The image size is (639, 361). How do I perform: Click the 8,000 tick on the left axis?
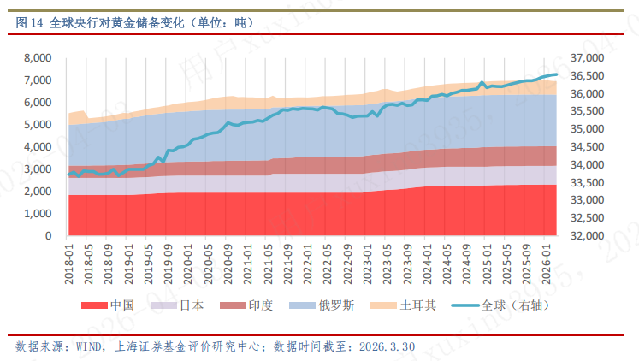[38, 58]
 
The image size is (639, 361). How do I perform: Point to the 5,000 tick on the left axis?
[38, 125]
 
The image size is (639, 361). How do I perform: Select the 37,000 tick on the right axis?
[586, 58]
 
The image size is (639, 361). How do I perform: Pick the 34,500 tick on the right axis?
[586, 147]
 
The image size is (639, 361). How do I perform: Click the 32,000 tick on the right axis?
[586, 236]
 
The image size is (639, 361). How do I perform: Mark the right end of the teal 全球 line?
[557, 74]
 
